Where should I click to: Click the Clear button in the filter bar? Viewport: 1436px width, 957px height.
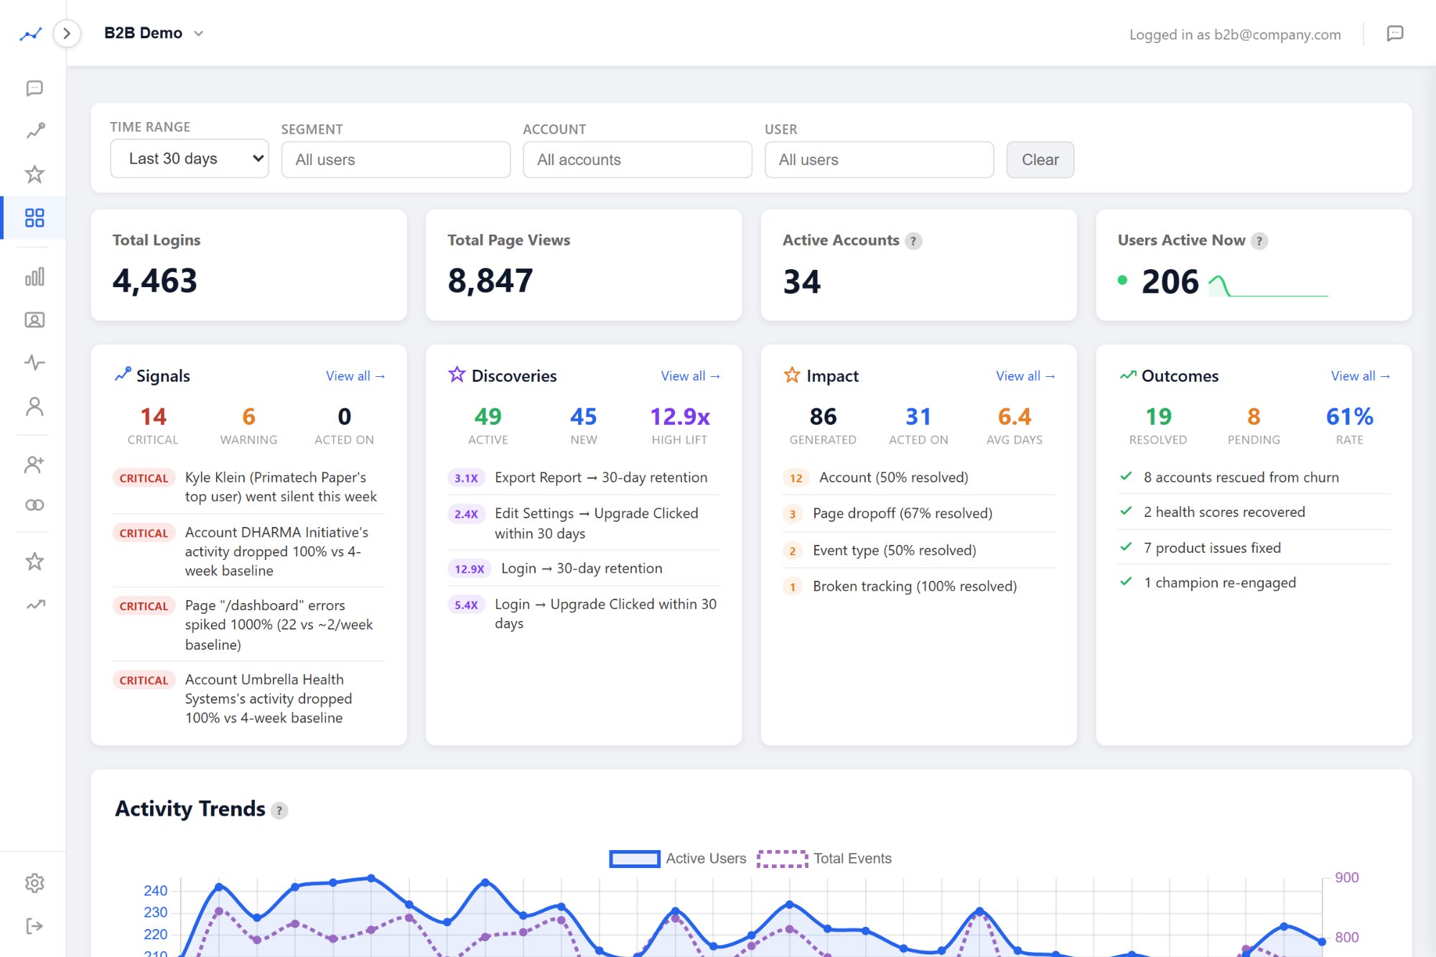pos(1040,159)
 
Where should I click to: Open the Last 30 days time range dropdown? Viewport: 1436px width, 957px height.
pos(189,159)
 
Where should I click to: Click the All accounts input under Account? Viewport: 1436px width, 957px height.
pos(637,159)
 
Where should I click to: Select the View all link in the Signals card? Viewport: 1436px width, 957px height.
pos(355,376)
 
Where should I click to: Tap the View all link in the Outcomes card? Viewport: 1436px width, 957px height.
pos(1360,376)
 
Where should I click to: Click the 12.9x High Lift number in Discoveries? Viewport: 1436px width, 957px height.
pos(679,416)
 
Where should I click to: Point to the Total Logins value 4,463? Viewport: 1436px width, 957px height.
pos(154,281)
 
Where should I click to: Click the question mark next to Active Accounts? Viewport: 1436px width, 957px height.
pos(913,241)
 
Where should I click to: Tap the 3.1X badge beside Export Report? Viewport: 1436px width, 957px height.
pos(466,478)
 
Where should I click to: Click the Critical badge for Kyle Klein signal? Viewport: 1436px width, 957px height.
pos(144,478)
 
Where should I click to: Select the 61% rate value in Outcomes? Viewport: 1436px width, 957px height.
pos(1349,416)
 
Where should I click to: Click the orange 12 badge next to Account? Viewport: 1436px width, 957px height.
pos(796,478)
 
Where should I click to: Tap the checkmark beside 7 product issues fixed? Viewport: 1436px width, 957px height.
pos(1126,547)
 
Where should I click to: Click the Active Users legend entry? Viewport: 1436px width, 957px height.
pos(677,859)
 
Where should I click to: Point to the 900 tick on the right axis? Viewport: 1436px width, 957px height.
pos(1346,877)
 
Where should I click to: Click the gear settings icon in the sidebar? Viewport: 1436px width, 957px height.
pos(34,882)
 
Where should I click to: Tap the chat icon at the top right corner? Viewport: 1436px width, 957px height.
pos(1394,34)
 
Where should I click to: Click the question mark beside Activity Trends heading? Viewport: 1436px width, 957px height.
pos(279,811)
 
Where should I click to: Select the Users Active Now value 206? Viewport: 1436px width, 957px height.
pos(1170,281)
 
